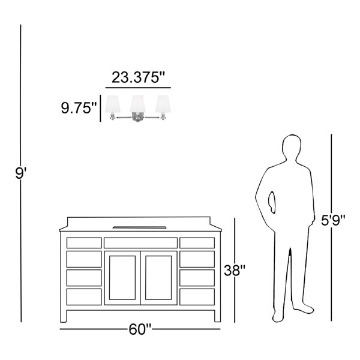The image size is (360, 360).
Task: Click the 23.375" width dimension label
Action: [x=138, y=77]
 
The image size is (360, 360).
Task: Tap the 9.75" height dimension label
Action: [x=79, y=108]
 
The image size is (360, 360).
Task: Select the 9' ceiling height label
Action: [x=20, y=173]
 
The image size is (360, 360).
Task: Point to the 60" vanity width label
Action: [x=140, y=329]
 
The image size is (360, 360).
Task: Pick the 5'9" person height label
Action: [x=333, y=220]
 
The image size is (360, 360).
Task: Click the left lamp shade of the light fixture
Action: [x=113, y=104]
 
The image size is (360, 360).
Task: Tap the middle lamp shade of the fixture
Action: [x=138, y=104]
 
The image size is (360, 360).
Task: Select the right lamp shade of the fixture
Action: [x=163, y=104]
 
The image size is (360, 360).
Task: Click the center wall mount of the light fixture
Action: [x=137, y=117]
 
